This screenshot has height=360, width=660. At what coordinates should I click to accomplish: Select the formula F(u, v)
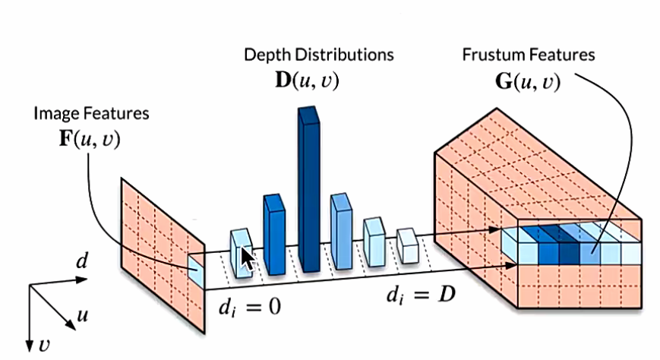(x=90, y=141)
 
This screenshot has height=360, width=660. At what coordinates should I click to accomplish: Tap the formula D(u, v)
(x=307, y=79)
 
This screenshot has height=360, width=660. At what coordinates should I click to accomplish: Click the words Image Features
(x=91, y=114)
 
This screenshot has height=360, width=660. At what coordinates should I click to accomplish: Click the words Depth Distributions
(x=319, y=55)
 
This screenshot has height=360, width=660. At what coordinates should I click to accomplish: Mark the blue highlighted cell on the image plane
(x=196, y=270)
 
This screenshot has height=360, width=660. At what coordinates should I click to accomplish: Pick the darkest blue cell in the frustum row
(x=568, y=243)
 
